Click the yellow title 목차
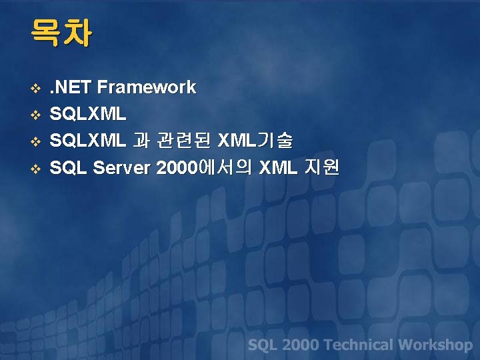point(61,33)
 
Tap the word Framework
point(146,87)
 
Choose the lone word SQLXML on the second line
point(88,115)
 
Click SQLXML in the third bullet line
point(88,141)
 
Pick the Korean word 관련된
point(184,141)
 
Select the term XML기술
point(256,141)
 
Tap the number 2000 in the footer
point(301,345)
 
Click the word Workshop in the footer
point(435,345)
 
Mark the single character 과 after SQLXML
point(141,141)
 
